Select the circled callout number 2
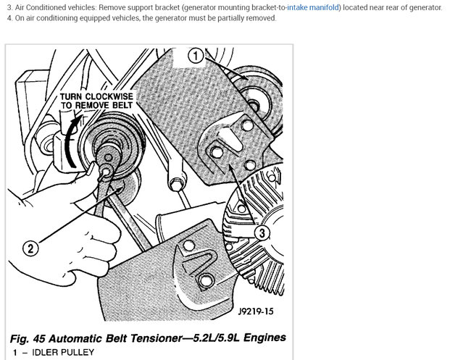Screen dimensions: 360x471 click(x=30, y=248)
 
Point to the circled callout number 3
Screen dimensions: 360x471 click(x=262, y=233)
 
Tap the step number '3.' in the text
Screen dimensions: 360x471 click(x=9, y=7)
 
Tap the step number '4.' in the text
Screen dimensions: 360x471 click(x=9, y=18)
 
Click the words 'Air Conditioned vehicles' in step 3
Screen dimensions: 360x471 click(x=51, y=7)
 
